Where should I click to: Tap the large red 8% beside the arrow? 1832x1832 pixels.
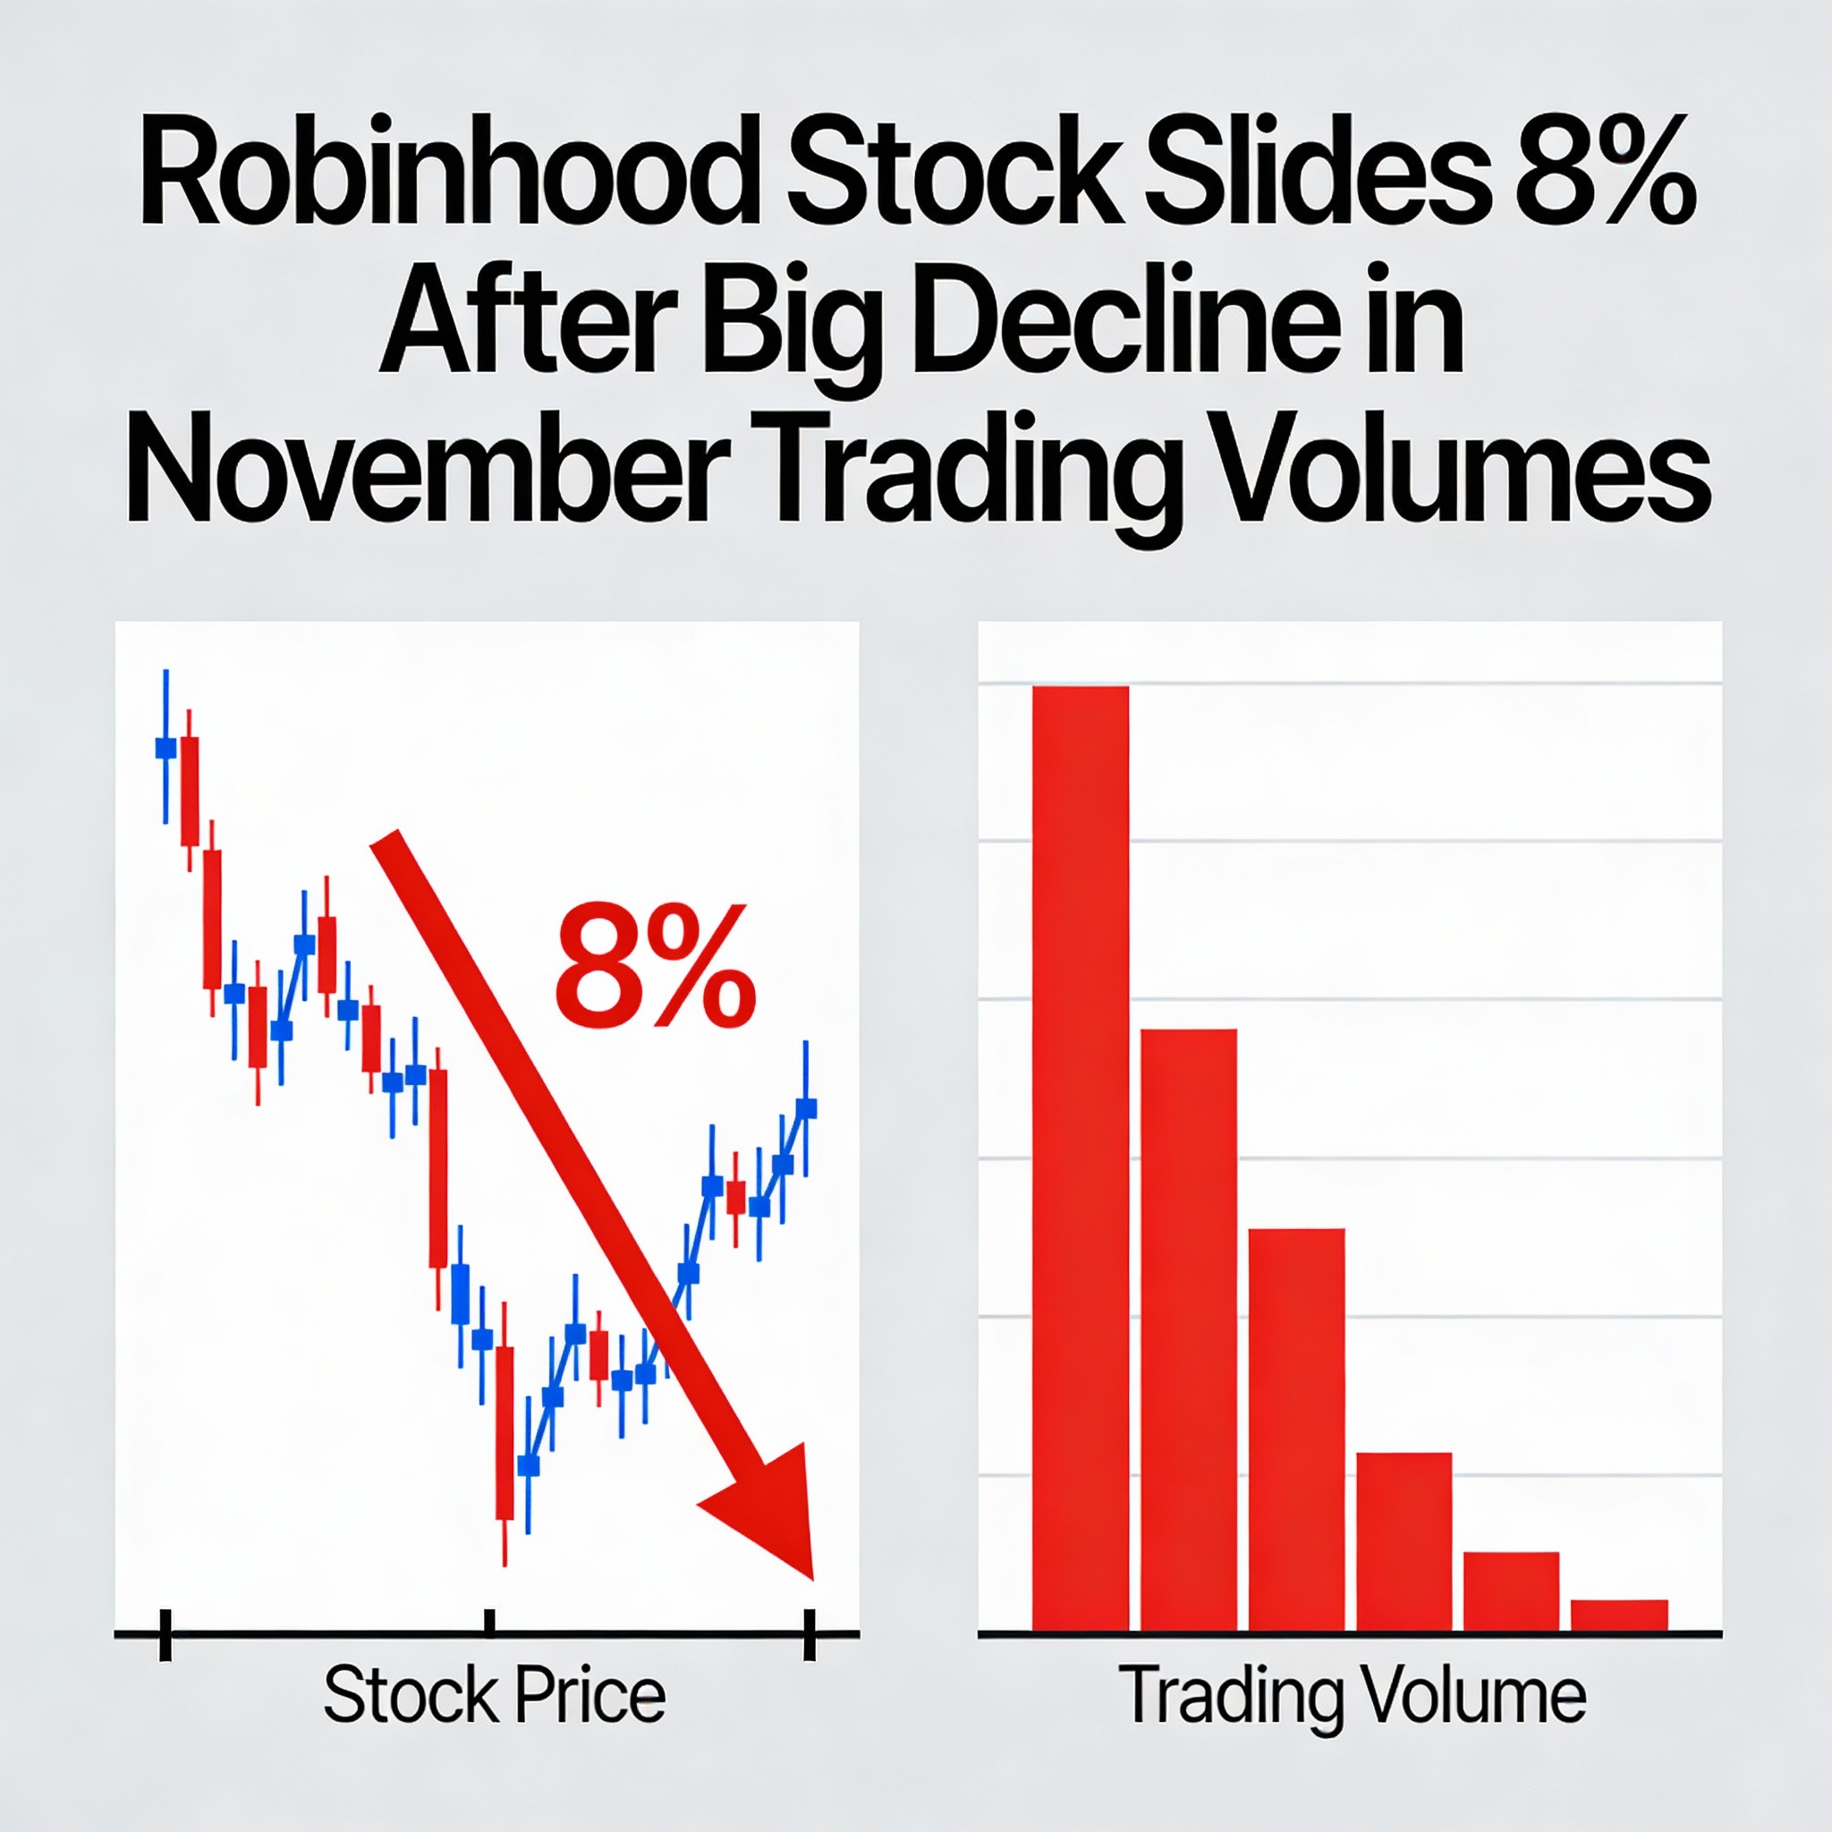click(654, 967)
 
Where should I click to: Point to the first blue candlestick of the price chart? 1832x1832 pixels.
click(166, 748)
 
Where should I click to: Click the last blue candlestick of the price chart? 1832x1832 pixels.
click(806, 1108)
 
